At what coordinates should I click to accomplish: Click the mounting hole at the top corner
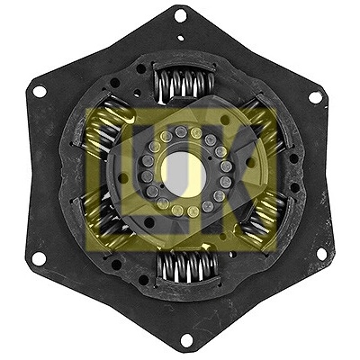tap(180, 15)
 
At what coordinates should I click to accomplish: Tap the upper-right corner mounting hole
tap(315, 97)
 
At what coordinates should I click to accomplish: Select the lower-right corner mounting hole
tap(321, 254)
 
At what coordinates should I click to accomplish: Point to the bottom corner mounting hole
tap(186, 340)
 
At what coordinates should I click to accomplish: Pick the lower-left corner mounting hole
tap(39, 258)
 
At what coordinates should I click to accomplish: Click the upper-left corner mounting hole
tap(40, 91)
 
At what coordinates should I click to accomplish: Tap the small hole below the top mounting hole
tap(181, 38)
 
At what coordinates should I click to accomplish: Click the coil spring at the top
tap(184, 84)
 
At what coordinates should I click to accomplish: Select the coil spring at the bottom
tap(188, 266)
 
